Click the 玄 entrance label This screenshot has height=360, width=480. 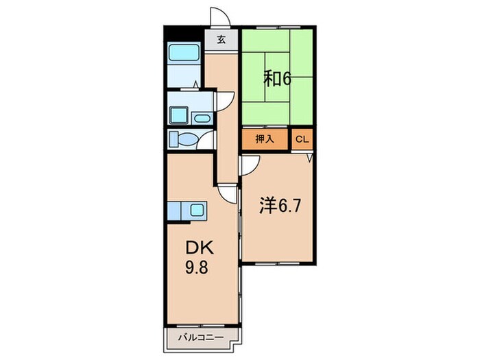(221, 40)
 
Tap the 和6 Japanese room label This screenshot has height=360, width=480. (277, 80)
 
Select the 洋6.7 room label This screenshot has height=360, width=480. (280, 206)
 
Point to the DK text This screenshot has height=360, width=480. (200, 248)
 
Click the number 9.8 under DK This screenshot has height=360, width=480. (197, 267)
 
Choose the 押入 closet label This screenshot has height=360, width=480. (265, 140)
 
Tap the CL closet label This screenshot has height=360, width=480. (302, 140)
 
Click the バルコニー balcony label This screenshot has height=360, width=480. (201, 337)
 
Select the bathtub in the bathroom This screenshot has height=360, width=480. (184, 52)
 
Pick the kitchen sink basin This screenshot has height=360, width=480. (197, 211)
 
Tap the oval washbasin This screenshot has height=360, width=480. (201, 118)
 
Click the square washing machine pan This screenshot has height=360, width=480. (178, 115)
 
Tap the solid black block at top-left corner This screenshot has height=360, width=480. (184, 34)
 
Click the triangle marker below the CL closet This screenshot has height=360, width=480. (310, 158)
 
